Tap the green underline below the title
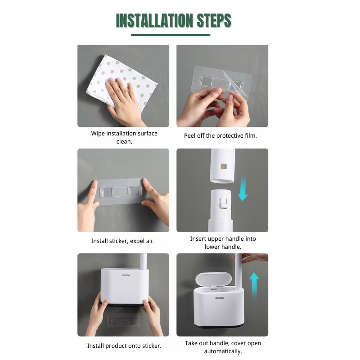click(171, 35)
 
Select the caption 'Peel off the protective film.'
click(220, 135)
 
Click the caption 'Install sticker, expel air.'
click(123, 241)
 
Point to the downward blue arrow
click(243, 189)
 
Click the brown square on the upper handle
click(222, 167)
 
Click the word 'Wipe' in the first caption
click(99, 133)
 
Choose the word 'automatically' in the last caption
click(223, 351)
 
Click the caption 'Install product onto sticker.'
click(124, 346)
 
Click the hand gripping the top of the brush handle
click(254, 258)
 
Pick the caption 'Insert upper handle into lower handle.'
click(223, 243)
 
